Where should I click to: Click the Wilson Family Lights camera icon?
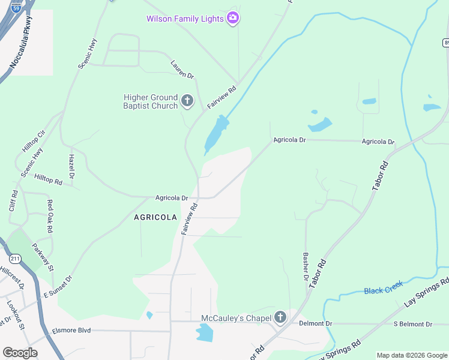tap(234, 19)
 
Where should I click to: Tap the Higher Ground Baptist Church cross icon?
tap(187, 101)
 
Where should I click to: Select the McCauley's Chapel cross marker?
tap(280, 317)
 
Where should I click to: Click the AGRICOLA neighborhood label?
tap(155, 217)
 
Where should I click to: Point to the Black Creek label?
tap(383, 290)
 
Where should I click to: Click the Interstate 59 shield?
tap(16, 7)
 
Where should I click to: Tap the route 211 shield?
tap(16, 259)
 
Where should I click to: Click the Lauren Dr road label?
tap(182, 69)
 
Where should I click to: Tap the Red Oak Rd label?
tap(50, 216)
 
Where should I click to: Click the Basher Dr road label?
tap(306, 267)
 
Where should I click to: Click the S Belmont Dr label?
tap(412, 324)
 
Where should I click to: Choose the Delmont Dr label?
tap(315, 323)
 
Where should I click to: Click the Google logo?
tap(20, 353)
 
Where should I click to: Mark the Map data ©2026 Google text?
tap(411, 355)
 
